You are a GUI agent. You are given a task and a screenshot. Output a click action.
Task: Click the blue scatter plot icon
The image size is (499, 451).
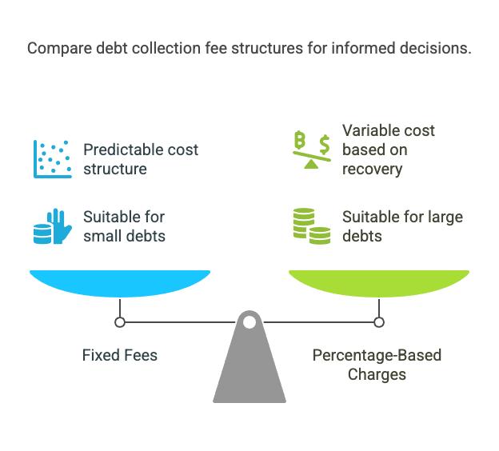pyautogui.click(x=53, y=159)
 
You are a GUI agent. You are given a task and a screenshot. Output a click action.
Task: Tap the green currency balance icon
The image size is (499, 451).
pyautogui.click(x=312, y=150)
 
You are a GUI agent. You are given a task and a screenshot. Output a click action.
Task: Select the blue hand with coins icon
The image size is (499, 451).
pyautogui.click(x=53, y=226)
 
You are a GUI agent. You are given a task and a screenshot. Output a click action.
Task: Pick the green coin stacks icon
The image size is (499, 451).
pyautogui.click(x=312, y=226)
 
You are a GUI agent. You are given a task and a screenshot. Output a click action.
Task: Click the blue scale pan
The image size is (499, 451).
pyautogui.click(x=120, y=283)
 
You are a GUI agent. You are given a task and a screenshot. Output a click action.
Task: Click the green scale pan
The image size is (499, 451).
pyautogui.click(x=379, y=283)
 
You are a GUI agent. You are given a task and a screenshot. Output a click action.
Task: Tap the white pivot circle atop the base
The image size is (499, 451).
pyautogui.click(x=249, y=322)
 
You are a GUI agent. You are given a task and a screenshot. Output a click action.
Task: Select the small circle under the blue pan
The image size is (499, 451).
pyautogui.click(x=120, y=322)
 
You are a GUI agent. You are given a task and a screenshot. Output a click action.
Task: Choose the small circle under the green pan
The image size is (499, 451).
pyautogui.click(x=379, y=322)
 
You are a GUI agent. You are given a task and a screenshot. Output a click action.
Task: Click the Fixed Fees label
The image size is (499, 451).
pyautogui.click(x=120, y=355)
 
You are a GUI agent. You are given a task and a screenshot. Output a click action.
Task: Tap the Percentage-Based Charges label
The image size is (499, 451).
pyautogui.click(x=377, y=365)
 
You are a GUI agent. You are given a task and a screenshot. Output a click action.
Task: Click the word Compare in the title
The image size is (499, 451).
pyautogui.click(x=59, y=49)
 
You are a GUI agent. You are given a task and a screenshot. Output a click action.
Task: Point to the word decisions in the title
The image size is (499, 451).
pyautogui.click(x=435, y=48)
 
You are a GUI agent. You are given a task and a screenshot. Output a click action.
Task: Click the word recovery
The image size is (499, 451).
pyautogui.click(x=373, y=170)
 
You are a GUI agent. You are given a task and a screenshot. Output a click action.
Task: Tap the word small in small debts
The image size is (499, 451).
pyautogui.click(x=102, y=236)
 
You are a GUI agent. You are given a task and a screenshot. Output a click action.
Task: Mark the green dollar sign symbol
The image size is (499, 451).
pyautogui.click(x=325, y=144)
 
